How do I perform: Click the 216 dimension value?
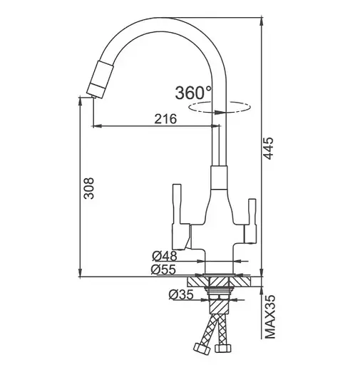165,119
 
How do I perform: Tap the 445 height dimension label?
269,148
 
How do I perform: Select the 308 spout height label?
90,187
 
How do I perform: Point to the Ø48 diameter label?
165,256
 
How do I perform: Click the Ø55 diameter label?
163,269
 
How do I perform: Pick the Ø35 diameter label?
181,294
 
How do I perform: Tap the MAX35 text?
269,317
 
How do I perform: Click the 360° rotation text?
193,93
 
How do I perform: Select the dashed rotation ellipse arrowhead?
219,111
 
